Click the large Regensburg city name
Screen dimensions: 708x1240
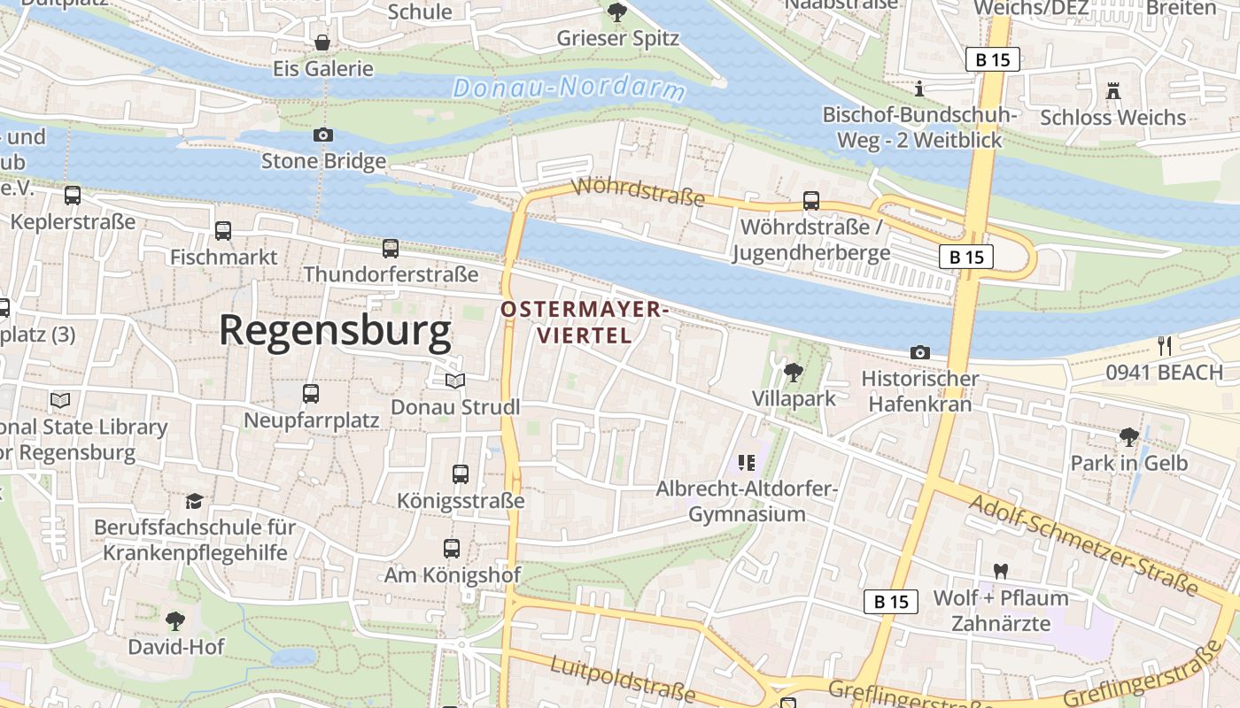[335, 331]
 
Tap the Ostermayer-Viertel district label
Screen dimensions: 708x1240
[584, 322]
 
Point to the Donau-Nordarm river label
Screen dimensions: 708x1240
[570, 88]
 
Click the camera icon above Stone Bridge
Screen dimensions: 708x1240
[323, 135]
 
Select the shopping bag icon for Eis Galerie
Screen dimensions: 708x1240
[322, 42]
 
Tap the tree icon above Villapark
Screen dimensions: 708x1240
[794, 372]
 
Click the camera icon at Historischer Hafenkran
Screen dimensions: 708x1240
[920, 352]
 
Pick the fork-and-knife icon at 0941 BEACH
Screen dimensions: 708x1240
[1165, 345]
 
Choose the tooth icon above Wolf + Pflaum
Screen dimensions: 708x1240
[1001, 572]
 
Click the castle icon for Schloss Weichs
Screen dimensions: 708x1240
[1112, 90]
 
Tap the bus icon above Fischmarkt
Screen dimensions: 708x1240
[223, 231]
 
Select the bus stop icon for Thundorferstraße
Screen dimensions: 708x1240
[391, 249]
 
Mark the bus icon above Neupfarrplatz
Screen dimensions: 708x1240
[311, 394]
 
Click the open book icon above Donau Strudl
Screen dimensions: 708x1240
[455, 381]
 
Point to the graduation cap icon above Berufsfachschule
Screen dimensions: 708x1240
[194, 501]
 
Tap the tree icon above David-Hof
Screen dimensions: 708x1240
[176, 619]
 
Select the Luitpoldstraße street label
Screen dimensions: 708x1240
[623, 679]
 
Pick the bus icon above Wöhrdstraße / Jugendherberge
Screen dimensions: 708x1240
[811, 200]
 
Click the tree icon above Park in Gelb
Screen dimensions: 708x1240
[1128, 436]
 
